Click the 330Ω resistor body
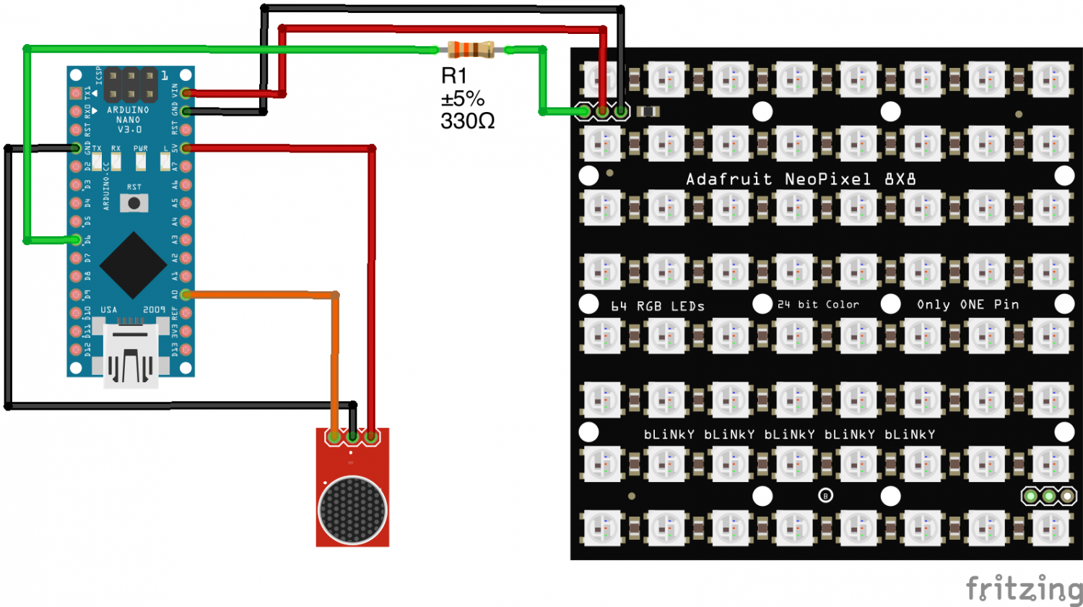[x=471, y=50]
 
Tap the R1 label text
[x=454, y=75]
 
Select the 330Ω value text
[x=468, y=121]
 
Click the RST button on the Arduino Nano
[x=134, y=202]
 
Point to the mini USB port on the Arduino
[x=131, y=357]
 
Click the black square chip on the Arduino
[x=133, y=264]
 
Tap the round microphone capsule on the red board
[x=352, y=509]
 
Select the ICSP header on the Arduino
[x=131, y=85]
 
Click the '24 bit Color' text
[x=818, y=304]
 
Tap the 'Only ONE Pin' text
[x=967, y=304]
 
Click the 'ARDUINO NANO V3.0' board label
[x=129, y=119]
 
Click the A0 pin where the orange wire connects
[x=186, y=294]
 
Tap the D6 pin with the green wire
[x=77, y=239]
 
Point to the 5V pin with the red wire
[x=186, y=148]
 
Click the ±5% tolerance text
[x=462, y=98]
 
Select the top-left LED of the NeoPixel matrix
[x=601, y=78]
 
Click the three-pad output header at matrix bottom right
[x=1048, y=496]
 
